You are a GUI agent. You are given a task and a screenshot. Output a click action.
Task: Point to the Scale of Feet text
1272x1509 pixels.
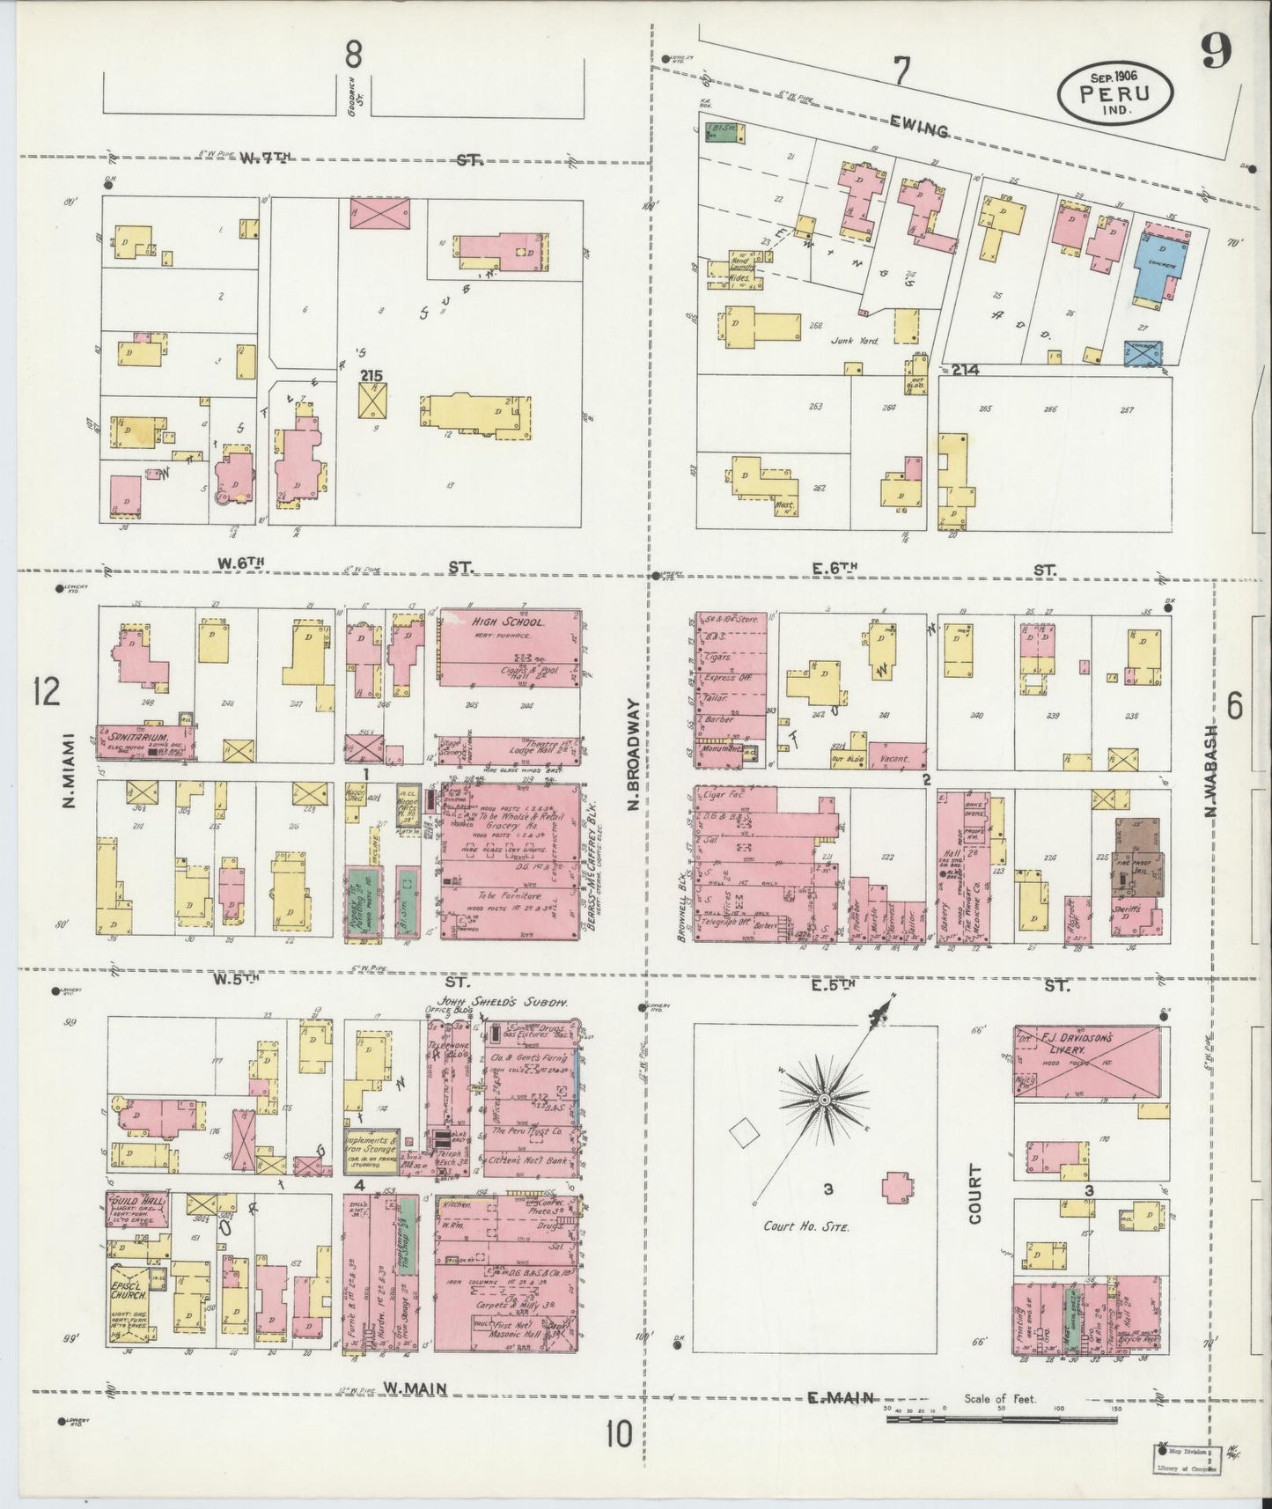coord(1001,1398)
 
